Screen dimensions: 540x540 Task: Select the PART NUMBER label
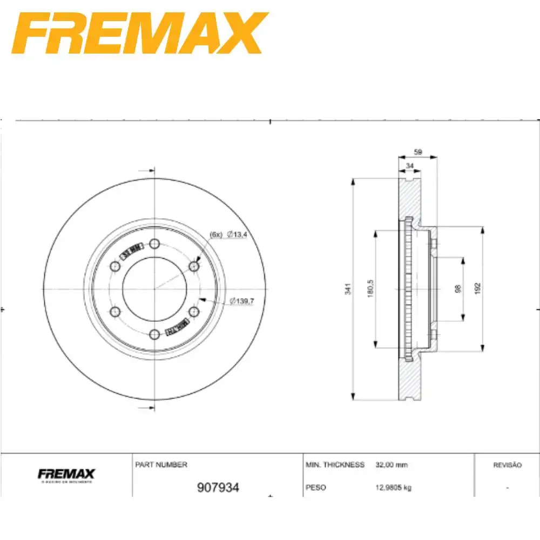point(160,464)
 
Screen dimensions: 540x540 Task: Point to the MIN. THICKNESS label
point(335,464)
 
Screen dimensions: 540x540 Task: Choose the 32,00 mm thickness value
point(391,464)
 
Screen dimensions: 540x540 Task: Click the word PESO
point(316,488)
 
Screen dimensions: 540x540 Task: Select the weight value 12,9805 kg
point(393,488)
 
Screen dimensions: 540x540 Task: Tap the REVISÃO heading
point(507,465)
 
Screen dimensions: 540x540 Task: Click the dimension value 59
point(417,152)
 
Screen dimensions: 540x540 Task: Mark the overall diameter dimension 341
point(349,289)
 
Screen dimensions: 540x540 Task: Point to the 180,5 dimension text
point(371,289)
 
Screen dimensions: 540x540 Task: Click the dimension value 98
point(458,289)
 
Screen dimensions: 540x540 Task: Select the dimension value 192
point(477,289)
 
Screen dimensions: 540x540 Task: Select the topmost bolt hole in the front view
point(154,243)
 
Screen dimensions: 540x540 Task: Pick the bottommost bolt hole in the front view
point(154,334)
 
